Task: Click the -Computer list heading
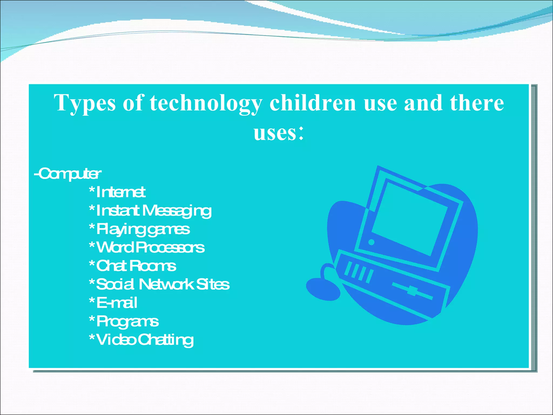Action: click(68, 174)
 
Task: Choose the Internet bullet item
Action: click(117, 192)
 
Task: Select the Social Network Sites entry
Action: click(159, 284)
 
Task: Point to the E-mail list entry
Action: click(113, 303)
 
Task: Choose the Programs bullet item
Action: click(124, 321)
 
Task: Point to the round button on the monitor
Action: click(371, 242)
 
